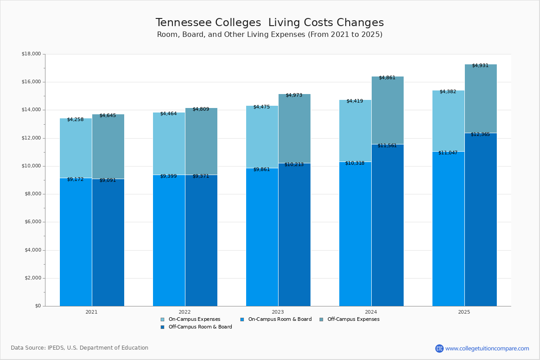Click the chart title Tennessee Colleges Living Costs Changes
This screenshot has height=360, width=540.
(x=270, y=22)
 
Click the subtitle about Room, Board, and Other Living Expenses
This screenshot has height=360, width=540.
(x=270, y=35)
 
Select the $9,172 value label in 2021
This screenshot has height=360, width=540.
(x=75, y=179)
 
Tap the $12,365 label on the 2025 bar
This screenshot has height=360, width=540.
(x=480, y=134)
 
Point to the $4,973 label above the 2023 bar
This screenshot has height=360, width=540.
(x=294, y=95)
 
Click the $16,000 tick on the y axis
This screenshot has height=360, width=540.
(x=31, y=82)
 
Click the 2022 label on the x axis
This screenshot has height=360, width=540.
(x=184, y=311)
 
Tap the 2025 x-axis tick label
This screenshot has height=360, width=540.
(x=464, y=311)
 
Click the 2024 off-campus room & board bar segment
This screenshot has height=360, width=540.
(x=387, y=225)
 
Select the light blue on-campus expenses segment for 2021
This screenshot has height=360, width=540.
(x=76, y=148)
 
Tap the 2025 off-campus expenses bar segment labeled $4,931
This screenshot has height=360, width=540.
(x=481, y=99)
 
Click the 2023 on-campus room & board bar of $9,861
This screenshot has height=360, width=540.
(x=262, y=238)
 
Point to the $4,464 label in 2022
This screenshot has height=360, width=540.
(x=168, y=113)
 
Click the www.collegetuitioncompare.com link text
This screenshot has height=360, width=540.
(x=487, y=348)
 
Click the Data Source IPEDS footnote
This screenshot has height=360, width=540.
(x=80, y=348)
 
